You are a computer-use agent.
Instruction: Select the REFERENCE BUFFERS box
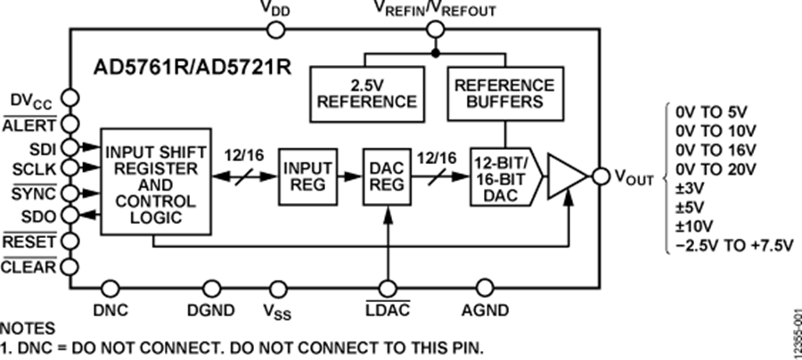pyautogui.click(x=504, y=94)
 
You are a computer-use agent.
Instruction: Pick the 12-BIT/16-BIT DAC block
pyautogui.click(x=498, y=176)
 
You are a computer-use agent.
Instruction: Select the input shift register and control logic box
pyautogui.click(x=155, y=181)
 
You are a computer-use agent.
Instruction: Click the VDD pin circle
pyautogui.click(x=276, y=30)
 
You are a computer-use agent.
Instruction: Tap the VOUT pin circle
pyautogui.click(x=599, y=176)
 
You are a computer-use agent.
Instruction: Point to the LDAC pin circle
pyautogui.click(x=389, y=287)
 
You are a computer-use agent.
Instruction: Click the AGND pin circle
pyautogui.click(x=485, y=287)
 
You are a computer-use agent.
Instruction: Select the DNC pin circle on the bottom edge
pyautogui.click(x=110, y=287)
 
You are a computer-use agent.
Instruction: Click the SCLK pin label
pyautogui.click(x=35, y=168)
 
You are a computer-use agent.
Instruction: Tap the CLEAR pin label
pyautogui.click(x=29, y=265)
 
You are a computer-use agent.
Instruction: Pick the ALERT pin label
pyautogui.click(x=30, y=125)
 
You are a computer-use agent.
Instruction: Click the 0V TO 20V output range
pyautogui.click(x=715, y=168)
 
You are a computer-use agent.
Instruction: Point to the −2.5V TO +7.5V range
pyautogui.click(x=733, y=245)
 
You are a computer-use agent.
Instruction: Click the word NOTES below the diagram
pyautogui.click(x=28, y=328)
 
